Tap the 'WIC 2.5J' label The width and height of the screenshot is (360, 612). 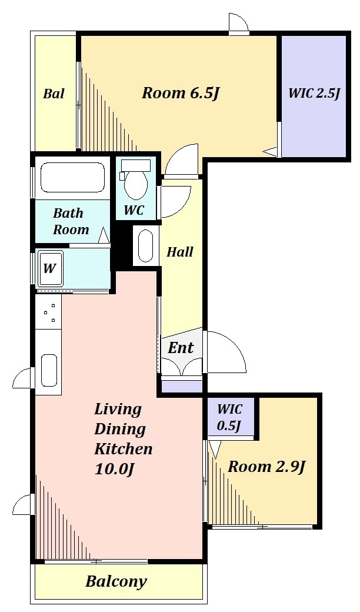pyautogui.click(x=314, y=94)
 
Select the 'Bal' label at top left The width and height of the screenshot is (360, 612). pyautogui.click(x=54, y=94)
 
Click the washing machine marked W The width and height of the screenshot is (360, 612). pyautogui.click(x=51, y=269)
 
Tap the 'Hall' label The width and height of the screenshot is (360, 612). pyautogui.click(x=180, y=252)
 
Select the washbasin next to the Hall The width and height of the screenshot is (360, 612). pyautogui.click(x=146, y=246)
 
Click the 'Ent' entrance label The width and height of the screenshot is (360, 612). pyautogui.click(x=181, y=348)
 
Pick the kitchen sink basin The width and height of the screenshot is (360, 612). pyautogui.click(x=49, y=370)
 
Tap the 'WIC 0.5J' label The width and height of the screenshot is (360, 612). pyautogui.click(x=230, y=418)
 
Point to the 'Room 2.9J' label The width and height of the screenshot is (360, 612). pyautogui.click(x=266, y=467)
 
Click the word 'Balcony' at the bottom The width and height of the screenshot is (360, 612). pyautogui.click(x=116, y=582)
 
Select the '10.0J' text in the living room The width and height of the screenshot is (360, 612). pyautogui.click(x=115, y=470)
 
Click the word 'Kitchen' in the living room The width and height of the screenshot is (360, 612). pyautogui.click(x=124, y=449)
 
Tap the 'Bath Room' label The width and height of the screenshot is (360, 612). pyautogui.click(x=71, y=221)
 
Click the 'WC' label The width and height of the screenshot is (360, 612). pyautogui.click(x=134, y=211)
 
